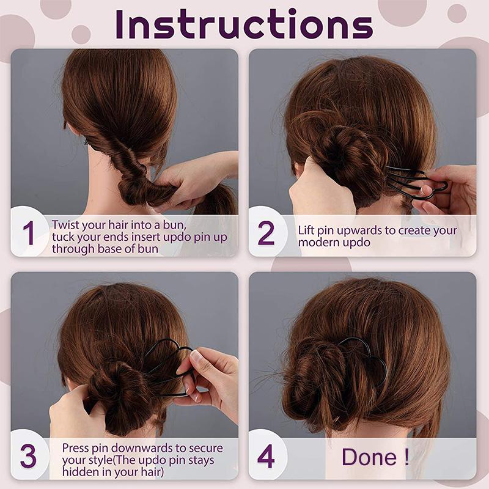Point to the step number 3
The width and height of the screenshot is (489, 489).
(x=28, y=458)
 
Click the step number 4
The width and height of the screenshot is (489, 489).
(x=266, y=457)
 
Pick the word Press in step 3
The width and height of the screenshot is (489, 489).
(x=76, y=448)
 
